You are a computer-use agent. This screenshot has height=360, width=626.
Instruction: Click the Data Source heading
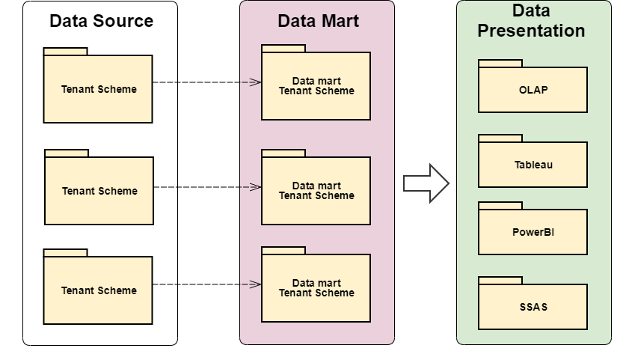pos(101,21)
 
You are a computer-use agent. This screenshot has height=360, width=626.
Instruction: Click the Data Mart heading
pos(318,21)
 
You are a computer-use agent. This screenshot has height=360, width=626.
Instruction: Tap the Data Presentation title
pos(531,21)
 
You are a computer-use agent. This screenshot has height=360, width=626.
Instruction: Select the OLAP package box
pos(533,90)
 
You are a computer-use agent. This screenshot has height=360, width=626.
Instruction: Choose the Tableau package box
pos(533,165)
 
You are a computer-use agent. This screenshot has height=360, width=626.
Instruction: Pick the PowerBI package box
pos(533,232)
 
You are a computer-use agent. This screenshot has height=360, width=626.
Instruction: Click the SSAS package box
pos(533,307)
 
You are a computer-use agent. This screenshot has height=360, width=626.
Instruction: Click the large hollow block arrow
pos(425,183)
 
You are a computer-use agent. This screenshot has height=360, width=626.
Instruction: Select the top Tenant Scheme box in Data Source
pos(98,89)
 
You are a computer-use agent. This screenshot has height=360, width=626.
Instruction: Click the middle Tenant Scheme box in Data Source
pos(99,191)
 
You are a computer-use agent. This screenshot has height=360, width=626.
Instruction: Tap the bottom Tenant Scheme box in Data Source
pos(98,290)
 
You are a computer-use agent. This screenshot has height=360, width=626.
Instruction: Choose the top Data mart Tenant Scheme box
pos(316,86)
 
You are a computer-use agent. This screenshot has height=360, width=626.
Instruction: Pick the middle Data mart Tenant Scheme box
pos(316,191)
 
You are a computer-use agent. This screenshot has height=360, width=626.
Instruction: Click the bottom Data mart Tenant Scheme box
pos(316,288)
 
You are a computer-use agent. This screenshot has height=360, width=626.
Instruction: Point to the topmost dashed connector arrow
pos(206,82)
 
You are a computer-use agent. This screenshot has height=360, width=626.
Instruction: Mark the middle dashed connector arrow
pos(206,187)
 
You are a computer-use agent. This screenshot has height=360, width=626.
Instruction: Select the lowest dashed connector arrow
pos(206,284)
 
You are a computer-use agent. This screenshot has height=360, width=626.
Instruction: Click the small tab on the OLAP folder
pos(500,64)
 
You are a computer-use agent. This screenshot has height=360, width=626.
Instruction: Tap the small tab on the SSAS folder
pos(500,281)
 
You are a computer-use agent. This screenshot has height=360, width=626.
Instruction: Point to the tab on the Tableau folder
pos(500,138)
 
